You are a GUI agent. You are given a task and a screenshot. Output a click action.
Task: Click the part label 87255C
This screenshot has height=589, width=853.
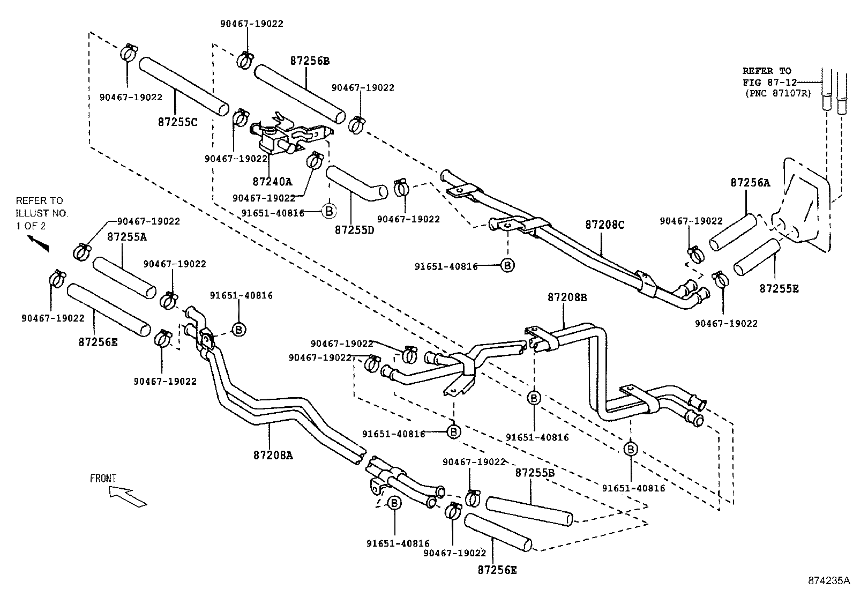[x=177, y=122]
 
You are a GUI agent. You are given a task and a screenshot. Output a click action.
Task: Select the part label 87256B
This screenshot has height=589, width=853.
[x=310, y=61]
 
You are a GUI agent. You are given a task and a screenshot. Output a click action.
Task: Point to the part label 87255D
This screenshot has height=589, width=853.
[x=354, y=229]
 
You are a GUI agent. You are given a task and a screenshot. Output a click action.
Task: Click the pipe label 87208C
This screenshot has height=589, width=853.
[x=604, y=225]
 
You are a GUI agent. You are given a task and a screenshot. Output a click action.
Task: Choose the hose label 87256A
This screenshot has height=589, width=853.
[x=750, y=182]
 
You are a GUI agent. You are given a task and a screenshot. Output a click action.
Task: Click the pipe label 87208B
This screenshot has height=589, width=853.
[x=567, y=297]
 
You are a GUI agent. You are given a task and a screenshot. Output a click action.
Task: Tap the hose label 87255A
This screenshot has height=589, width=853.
[x=126, y=236]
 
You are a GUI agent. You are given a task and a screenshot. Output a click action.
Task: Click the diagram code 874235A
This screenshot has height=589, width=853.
[x=829, y=580]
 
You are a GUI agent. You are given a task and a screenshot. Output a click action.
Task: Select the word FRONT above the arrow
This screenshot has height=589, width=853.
[x=103, y=478]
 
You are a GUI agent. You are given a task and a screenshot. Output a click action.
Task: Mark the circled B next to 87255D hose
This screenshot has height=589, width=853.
[x=329, y=211]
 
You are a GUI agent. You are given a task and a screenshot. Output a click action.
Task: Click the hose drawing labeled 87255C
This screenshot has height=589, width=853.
[x=184, y=86]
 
